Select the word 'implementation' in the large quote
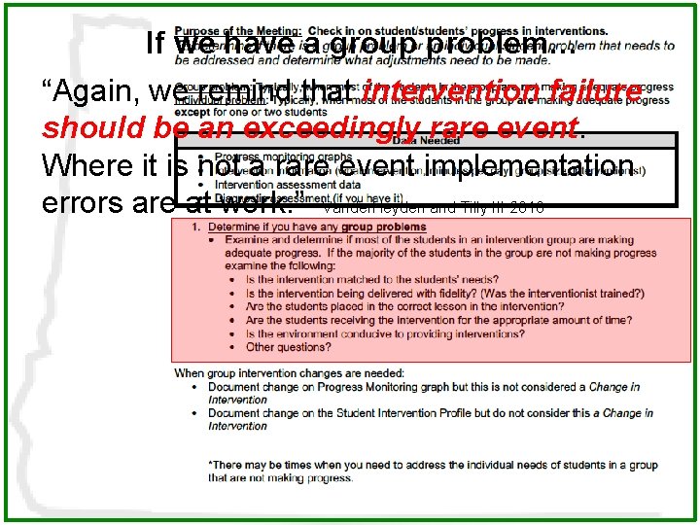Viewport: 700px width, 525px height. point(531,165)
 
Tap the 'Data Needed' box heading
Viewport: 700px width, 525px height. point(425,141)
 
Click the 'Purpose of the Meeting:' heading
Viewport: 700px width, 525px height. point(230,32)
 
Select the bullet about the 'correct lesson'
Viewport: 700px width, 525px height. point(399,306)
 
